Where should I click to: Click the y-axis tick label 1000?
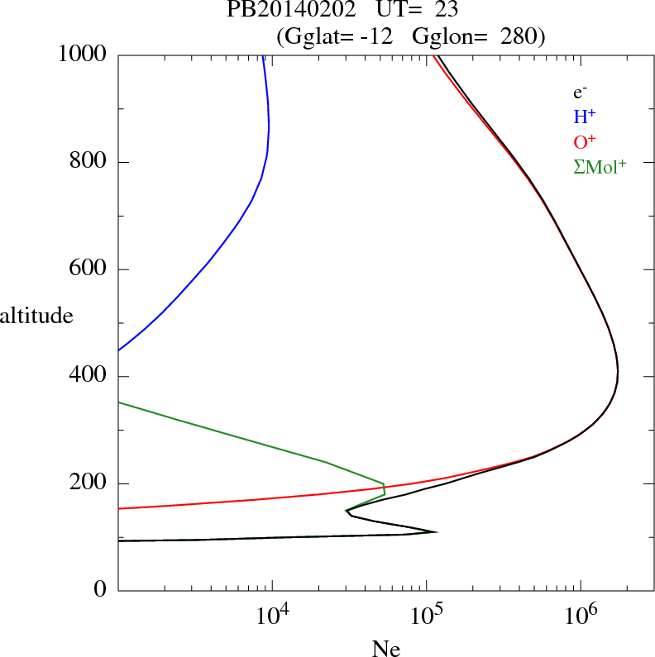(x=84, y=55)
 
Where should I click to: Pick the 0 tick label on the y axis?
(x=102, y=591)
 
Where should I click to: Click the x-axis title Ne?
(x=386, y=649)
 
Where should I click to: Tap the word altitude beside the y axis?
(x=36, y=315)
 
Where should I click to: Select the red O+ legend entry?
(x=585, y=141)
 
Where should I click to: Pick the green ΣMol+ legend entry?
(x=600, y=166)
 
